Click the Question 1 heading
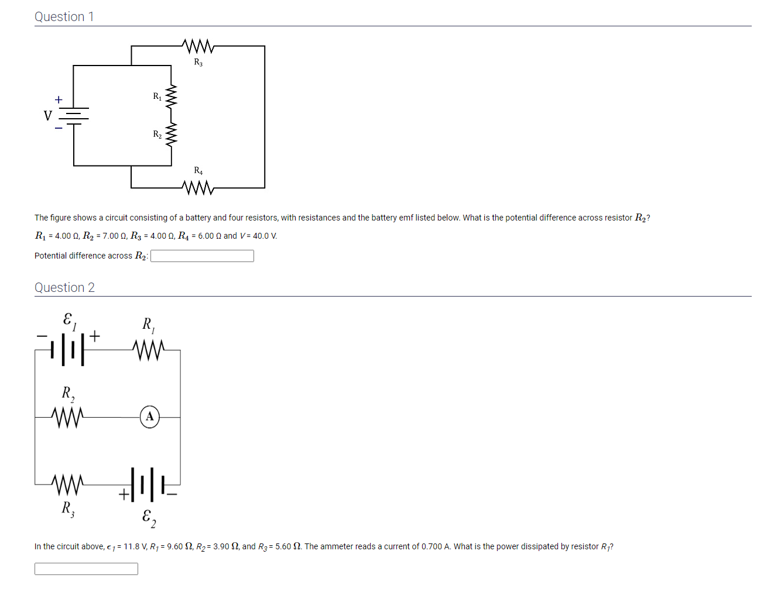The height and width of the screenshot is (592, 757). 64,17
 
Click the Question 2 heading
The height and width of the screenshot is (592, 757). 64,287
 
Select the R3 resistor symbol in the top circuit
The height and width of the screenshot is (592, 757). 198,46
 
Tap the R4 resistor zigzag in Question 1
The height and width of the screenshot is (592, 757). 198,188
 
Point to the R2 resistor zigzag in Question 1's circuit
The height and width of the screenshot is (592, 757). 171,135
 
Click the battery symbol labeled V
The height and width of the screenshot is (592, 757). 74,116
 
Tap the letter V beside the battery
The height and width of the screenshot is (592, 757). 48,116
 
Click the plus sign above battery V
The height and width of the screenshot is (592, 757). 59,100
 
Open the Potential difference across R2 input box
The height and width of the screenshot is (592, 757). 202,256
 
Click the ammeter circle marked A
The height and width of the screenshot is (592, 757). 150,417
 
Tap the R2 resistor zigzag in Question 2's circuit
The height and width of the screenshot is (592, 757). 67,417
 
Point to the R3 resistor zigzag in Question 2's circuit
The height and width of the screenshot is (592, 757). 67,484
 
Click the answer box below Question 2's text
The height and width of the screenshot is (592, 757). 86,569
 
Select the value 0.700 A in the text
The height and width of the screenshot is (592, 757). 435,546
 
